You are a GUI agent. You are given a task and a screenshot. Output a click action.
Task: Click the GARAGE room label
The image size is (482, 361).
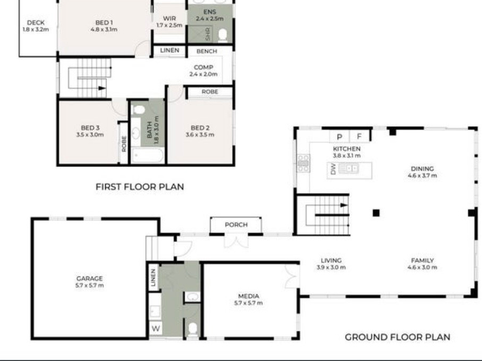pos(89,279)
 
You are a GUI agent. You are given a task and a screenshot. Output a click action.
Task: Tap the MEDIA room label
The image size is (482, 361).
pos(248,296)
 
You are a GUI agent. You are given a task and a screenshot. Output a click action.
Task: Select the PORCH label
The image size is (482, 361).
pos(236,225)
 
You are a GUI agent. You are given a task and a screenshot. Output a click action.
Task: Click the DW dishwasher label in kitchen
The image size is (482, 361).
pos(333,169)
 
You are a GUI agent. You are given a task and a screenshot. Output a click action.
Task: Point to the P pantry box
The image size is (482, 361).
pos(339,136)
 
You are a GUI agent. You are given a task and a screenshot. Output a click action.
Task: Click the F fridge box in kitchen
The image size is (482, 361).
pos(359,136)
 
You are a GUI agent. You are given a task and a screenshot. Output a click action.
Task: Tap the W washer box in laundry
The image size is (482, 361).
pos(156,328)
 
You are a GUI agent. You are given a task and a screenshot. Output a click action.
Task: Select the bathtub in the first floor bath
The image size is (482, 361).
pos(147,155)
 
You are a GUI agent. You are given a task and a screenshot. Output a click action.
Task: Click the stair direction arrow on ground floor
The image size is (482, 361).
pos(344,205)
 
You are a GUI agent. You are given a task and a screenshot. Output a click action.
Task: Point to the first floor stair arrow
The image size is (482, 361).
pos(102,88)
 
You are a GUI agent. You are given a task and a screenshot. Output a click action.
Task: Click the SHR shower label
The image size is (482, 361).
pos(208,34)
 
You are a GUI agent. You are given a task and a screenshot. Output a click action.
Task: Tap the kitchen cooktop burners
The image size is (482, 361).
pos(303,163)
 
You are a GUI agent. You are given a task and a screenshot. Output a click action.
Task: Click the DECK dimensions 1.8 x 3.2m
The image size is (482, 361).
pos(35,30)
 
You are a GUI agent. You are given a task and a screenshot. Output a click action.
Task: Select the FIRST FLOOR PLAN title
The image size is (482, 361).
pos(140,187)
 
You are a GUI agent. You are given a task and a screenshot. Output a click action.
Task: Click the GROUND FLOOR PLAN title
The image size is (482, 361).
pos(397,337)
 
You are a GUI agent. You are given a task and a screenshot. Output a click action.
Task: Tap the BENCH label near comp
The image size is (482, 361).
pos(206,51)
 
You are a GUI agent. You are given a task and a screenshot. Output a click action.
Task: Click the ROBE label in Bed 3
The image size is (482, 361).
pos(124,144)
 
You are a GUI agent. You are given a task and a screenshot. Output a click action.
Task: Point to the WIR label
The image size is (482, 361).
pos(169,18)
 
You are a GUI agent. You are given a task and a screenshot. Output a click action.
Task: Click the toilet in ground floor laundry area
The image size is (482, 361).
pos(193,329)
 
